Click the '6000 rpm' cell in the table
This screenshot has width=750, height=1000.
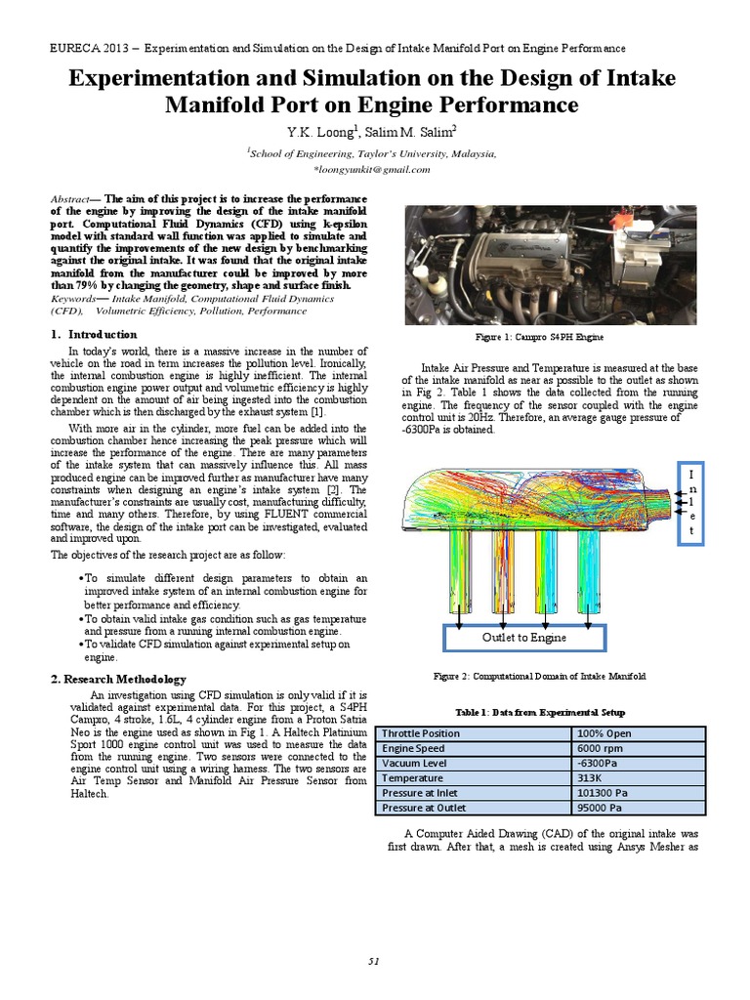pyautogui.click(x=603, y=748)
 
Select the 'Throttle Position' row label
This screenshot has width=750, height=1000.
pyautogui.click(x=421, y=733)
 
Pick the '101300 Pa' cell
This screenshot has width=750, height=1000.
pyautogui.click(x=604, y=793)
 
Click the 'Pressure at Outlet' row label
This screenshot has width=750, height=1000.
pyautogui.click(x=424, y=808)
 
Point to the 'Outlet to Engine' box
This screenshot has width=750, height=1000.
pyautogui.click(x=523, y=637)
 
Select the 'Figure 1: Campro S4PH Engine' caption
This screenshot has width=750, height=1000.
pyautogui.click(x=539, y=337)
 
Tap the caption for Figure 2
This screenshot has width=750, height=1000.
pyautogui.click(x=539, y=676)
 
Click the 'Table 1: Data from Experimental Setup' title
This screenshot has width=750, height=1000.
pyautogui.click(x=539, y=712)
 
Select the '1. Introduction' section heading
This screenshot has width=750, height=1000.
pyautogui.click(x=94, y=334)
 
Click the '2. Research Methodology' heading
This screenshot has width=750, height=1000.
pyautogui.click(x=117, y=679)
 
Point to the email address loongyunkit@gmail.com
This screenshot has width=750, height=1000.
pyautogui.click(x=371, y=169)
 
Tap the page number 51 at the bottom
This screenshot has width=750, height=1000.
pyautogui.click(x=374, y=961)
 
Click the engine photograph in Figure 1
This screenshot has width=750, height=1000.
pyautogui.click(x=550, y=264)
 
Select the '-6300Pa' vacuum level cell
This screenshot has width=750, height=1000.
pyautogui.click(x=598, y=764)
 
